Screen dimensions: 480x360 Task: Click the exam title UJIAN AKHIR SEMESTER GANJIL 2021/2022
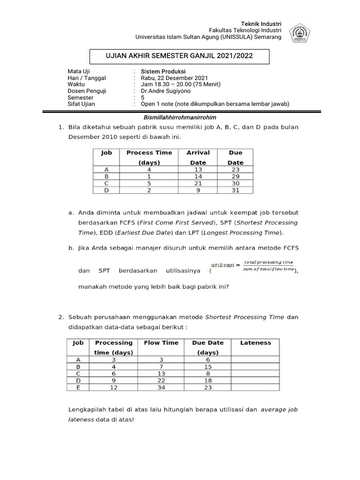point(180,56)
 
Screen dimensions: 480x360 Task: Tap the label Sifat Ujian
point(82,104)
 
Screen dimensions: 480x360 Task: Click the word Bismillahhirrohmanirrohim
point(180,117)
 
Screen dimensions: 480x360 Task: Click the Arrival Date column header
point(198,157)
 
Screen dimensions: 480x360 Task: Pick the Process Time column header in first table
point(149,157)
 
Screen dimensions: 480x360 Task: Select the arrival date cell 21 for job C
point(198,183)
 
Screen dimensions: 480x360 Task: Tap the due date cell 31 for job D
point(235,190)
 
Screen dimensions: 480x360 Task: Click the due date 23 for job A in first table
point(235,170)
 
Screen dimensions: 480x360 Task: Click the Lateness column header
point(255,343)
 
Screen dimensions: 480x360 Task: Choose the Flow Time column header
point(161,343)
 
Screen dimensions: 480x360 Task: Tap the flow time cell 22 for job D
point(161,380)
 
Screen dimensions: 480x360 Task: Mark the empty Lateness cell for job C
point(255,374)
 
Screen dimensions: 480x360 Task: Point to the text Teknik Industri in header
point(261,24)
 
